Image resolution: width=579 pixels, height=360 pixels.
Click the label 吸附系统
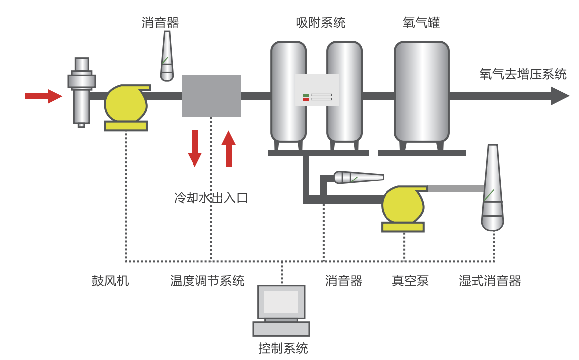(320, 23)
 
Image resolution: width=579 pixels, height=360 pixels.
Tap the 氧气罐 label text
(421, 23)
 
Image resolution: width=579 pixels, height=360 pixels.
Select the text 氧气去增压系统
(523, 74)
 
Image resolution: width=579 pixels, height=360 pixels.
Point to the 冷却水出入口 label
(211, 198)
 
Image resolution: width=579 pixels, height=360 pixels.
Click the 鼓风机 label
(110, 281)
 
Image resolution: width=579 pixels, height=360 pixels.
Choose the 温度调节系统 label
(207, 281)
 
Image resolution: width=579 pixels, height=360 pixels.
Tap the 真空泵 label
(410, 281)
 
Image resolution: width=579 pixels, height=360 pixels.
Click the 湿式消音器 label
(490, 281)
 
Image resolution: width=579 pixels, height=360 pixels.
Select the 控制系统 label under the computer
(283, 348)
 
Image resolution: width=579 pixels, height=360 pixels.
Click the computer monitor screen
(281, 302)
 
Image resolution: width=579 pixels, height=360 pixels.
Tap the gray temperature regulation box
(211, 96)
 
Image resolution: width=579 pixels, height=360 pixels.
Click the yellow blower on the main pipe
(125, 104)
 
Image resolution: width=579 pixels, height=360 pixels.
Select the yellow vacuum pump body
(402, 205)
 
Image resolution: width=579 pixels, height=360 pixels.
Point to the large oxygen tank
(421, 92)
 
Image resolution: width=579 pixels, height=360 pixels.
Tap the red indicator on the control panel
(306, 99)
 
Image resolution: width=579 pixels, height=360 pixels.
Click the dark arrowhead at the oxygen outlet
(560, 96)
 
